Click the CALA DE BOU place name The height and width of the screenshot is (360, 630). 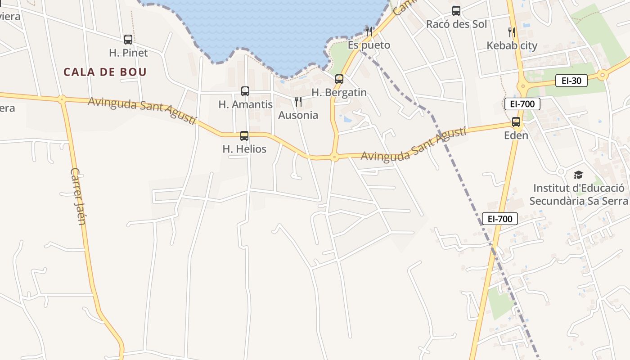click(x=105, y=72)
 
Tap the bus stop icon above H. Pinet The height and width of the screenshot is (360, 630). click(x=128, y=40)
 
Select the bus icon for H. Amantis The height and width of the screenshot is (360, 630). click(x=245, y=91)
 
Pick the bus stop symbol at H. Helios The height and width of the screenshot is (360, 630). click(x=244, y=136)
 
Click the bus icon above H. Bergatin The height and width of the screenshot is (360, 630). click(x=339, y=79)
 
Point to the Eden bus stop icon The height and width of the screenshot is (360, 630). click(x=516, y=122)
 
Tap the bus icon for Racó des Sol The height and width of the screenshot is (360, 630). click(x=456, y=11)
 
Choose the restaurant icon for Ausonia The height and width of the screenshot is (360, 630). click(x=298, y=102)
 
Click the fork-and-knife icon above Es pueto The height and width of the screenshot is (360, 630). click(x=369, y=31)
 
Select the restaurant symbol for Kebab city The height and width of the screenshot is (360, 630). click(x=512, y=32)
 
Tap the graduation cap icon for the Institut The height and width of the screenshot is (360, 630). click(x=578, y=175)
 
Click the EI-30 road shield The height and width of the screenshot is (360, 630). click(x=571, y=81)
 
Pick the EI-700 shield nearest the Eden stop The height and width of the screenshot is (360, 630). click(x=522, y=104)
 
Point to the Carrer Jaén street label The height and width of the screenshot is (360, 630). click(x=78, y=197)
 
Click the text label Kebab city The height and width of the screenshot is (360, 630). click(x=512, y=45)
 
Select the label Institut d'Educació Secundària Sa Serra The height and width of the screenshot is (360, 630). click(x=578, y=194)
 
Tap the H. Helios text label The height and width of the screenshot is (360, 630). click(x=244, y=149)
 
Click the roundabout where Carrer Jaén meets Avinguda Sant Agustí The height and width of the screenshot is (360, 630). click(x=62, y=99)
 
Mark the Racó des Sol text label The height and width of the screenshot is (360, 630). click(x=456, y=24)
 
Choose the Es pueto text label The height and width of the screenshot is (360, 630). click(x=369, y=45)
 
